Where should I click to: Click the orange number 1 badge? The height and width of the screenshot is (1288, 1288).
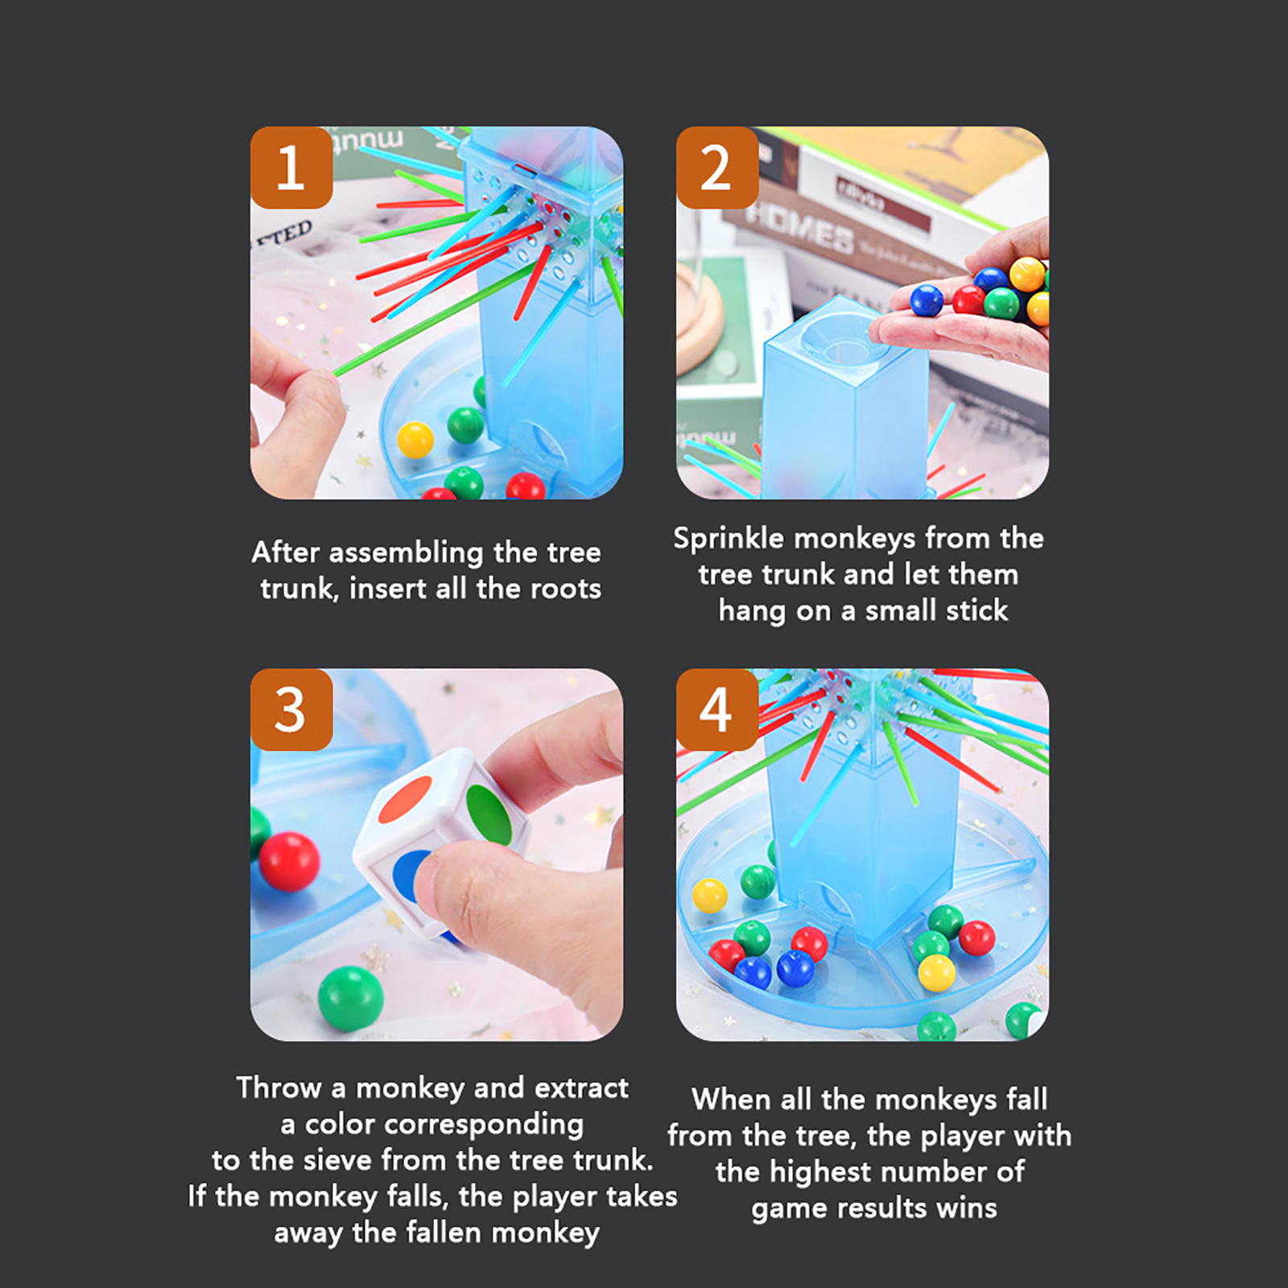pyautogui.click(x=291, y=167)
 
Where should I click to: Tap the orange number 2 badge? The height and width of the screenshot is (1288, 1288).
pyautogui.click(x=717, y=167)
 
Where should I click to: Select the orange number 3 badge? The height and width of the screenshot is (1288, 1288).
pyautogui.click(x=291, y=709)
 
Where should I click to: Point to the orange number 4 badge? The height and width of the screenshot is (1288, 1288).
pyautogui.click(x=717, y=709)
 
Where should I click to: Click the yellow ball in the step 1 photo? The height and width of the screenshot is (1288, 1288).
pyautogui.click(x=415, y=440)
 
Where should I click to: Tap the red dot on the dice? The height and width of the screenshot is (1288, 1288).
pyautogui.click(x=406, y=799)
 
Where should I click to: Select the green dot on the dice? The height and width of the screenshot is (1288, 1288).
pyautogui.click(x=489, y=815)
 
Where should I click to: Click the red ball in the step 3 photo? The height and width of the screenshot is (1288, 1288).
pyautogui.click(x=289, y=861)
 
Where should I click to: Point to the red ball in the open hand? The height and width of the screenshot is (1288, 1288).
pyautogui.click(x=968, y=300)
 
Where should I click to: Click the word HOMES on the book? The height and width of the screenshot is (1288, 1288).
pyautogui.click(x=799, y=227)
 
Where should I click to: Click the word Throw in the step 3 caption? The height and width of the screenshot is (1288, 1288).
pyautogui.click(x=279, y=1088)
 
